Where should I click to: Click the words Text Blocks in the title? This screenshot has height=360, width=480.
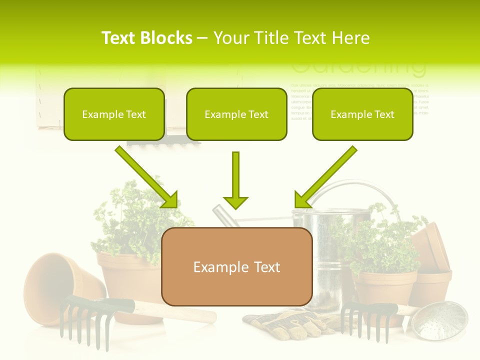click(x=146, y=38)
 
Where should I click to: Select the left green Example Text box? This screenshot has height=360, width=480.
click(x=114, y=114)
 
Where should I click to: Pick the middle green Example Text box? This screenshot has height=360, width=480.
click(x=236, y=114)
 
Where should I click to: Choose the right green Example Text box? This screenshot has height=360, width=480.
click(x=362, y=114)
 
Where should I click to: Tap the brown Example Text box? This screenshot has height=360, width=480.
click(x=236, y=267)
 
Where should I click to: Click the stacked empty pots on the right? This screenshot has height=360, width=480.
click(x=432, y=260)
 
